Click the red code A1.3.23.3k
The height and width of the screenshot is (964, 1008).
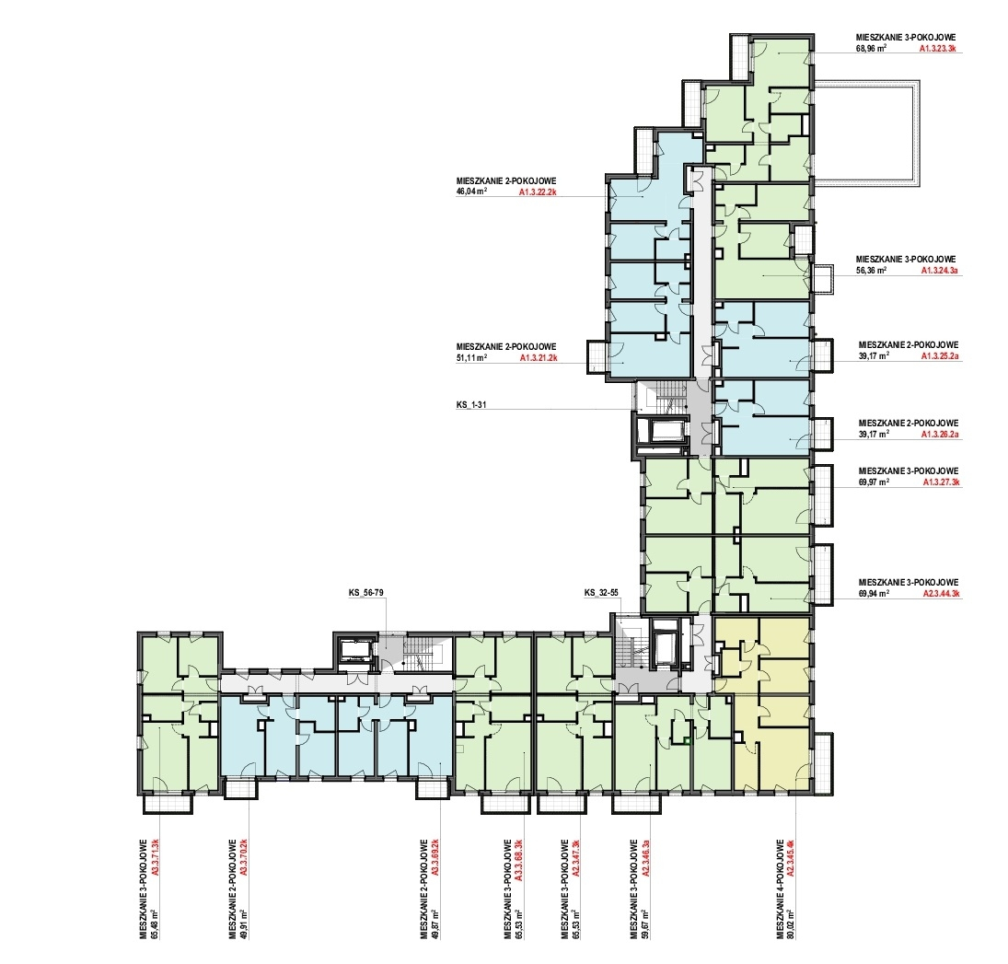point(939,48)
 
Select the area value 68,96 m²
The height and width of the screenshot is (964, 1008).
point(873,48)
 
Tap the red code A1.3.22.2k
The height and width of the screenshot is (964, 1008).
point(538,192)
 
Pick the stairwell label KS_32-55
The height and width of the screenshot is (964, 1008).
point(602,593)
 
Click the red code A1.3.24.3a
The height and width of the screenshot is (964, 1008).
point(939,272)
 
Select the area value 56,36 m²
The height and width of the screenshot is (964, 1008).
point(873,272)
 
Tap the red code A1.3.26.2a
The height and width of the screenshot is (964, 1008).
point(939,434)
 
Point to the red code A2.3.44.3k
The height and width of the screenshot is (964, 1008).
point(941,594)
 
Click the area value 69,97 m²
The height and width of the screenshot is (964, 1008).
point(874,482)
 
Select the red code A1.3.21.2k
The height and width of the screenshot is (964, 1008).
point(539,357)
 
